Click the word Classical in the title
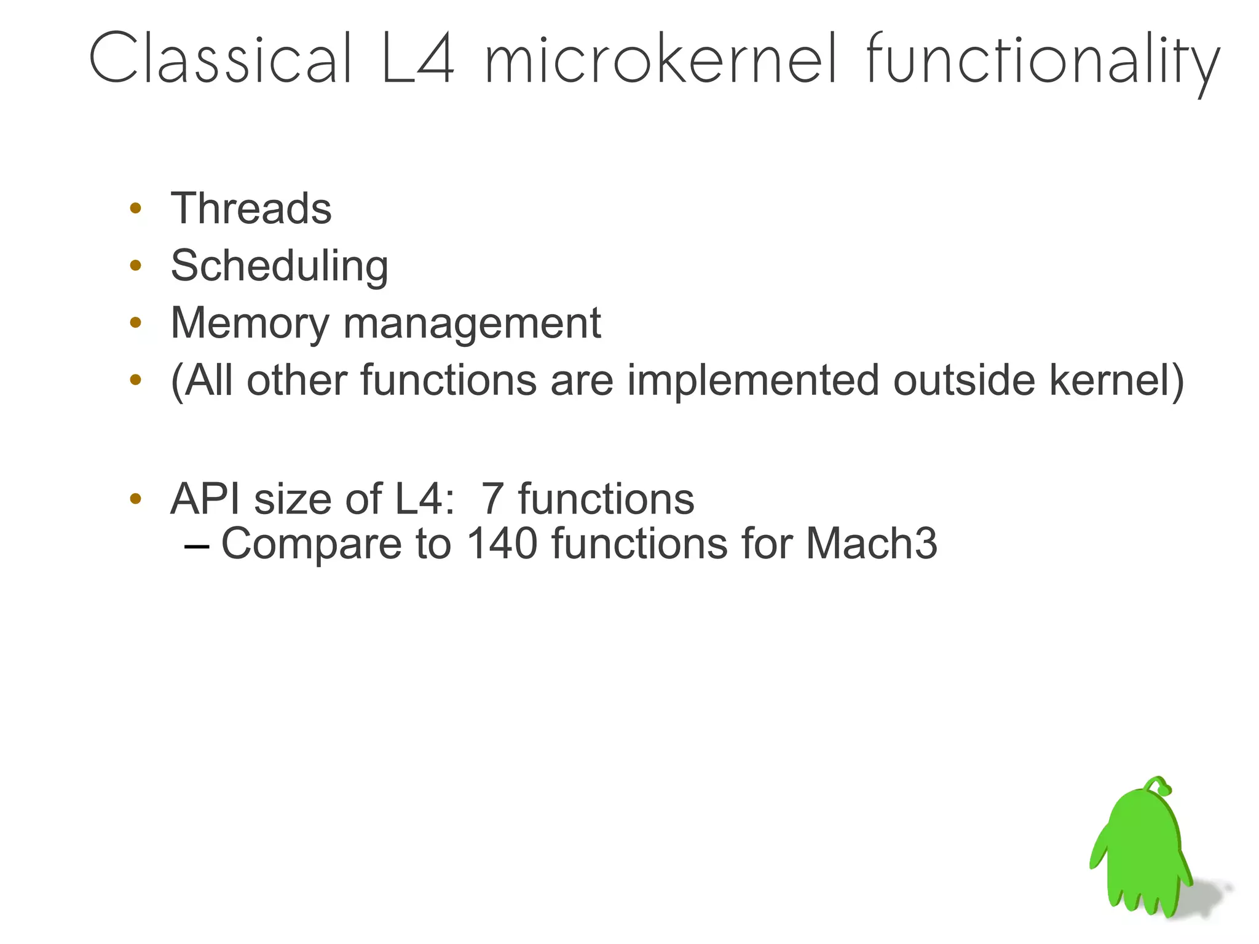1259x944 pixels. pos(221,58)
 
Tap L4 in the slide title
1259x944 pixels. pos(418,58)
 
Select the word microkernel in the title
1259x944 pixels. pos(661,58)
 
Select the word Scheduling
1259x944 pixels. pos(279,266)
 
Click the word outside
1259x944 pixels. pos(964,379)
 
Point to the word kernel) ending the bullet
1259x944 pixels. pos(1116,381)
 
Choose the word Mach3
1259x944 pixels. pos(871,543)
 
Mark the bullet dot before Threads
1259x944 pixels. pos(136,208)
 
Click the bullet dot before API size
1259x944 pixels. pos(136,498)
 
